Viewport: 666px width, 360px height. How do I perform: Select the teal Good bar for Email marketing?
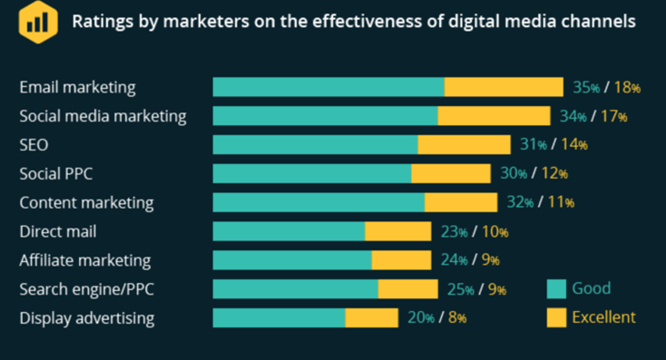click(x=328, y=87)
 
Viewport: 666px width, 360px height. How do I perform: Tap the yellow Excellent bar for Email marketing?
click(x=504, y=87)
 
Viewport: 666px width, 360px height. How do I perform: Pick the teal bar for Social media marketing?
click(x=325, y=116)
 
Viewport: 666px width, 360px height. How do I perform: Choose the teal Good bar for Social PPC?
click(x=312, y=173)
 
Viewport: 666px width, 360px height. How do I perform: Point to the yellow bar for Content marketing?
click(x=461, y=202)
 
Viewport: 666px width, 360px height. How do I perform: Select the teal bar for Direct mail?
click(x=289, y=231)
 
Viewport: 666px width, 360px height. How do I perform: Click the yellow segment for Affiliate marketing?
click(x=401, y=260)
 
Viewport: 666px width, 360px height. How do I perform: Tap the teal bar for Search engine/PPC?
click(x=295, y=289)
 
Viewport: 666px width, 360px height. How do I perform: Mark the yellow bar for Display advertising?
click(x=371, y=318)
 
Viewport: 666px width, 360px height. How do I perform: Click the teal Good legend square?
click(x=556, y=289)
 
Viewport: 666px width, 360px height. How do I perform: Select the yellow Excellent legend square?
click(x=556, y=317)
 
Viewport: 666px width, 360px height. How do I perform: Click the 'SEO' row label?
click(x=34, y=145)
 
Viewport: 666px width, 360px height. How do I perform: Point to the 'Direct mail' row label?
click(x=57, y=231)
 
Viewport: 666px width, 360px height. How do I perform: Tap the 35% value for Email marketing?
click(x=585, y=88)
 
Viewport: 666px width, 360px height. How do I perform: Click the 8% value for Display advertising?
click(x=456, y=318)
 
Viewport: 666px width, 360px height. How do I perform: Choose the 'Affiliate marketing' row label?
click(x=84, y=260)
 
